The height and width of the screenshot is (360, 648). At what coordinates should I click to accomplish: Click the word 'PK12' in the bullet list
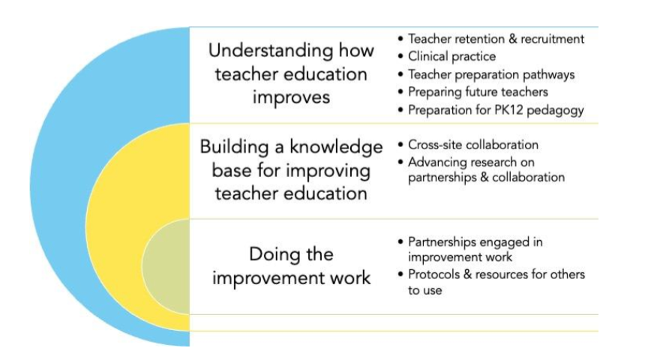pos(508,110)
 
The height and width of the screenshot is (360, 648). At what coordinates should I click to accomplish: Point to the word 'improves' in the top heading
pos(291,97)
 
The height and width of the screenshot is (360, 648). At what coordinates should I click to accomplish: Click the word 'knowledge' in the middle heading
pos(336,148)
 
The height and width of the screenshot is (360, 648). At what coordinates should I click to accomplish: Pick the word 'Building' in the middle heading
pos(234,148)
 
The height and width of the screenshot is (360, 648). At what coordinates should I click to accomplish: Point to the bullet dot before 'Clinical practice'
pos(400,56)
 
